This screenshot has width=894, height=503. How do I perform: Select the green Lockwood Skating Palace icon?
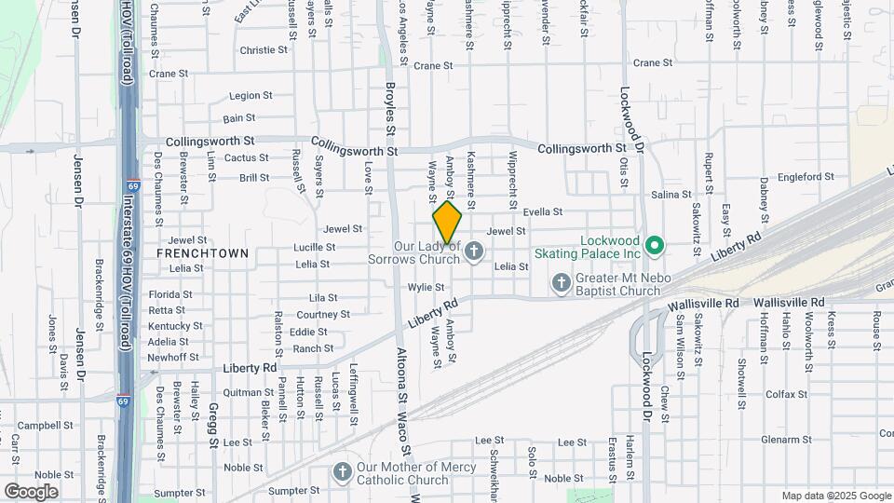click(x=655, y=246)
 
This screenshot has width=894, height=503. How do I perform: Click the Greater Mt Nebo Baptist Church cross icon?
click(x=561, y=282)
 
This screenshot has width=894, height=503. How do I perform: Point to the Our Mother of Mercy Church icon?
click(x=342, y=472)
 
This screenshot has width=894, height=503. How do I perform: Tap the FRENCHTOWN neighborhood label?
click(x=202, y=253)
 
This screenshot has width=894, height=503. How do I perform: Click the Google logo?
click(x=31, y=491)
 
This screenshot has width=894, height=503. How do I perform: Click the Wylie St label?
click(x=425, y=288)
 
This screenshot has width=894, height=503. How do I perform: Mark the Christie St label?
click(x=265, y=50)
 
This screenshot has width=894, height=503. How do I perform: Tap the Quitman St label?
click(x=249, y=392)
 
